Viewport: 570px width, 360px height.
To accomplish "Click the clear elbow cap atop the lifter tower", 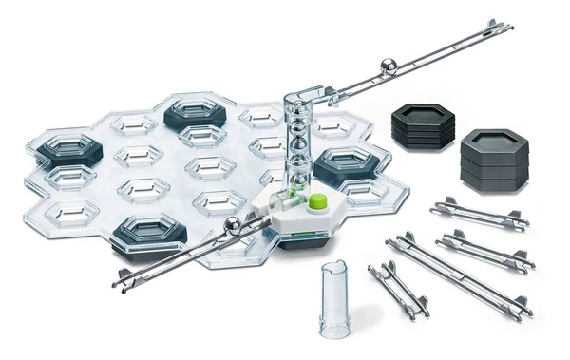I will [303, 100].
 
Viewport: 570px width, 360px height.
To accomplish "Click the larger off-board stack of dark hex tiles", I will [496, 159].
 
